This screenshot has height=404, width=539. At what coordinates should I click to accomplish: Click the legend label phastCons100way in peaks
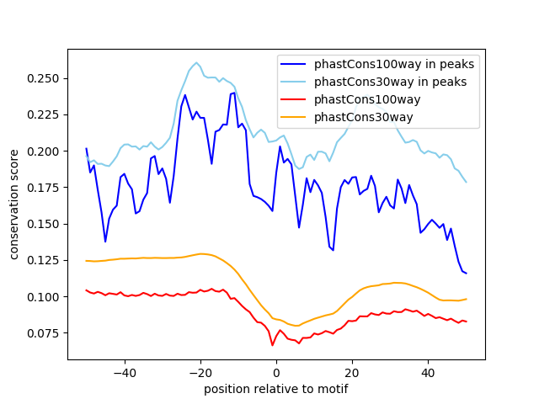394,64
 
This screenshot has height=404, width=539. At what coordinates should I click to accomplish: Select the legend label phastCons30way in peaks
391,82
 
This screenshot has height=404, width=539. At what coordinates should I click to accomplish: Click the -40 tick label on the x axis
124,372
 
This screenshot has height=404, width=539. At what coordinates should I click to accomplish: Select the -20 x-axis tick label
200,372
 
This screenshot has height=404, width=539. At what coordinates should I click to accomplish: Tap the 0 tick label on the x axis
276,372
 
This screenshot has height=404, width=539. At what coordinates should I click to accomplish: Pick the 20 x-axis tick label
352,372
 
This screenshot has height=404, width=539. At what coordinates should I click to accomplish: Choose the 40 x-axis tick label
428,372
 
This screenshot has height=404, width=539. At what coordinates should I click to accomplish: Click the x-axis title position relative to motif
276,389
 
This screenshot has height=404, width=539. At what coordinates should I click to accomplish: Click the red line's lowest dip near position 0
272,345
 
